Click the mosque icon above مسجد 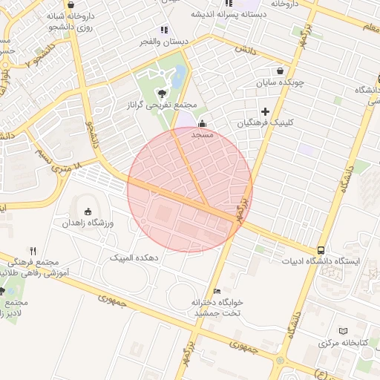(203, 125)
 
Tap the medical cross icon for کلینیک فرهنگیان (265, 111)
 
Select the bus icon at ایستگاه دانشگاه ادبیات (321, 250)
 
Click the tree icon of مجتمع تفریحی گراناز (162, 93)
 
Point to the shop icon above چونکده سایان (279, 71)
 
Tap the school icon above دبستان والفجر (163, 30)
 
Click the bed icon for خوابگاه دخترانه (217, 291)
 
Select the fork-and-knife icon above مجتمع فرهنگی (33, 251)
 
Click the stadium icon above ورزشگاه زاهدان (88, 211)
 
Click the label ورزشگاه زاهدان (87, 223)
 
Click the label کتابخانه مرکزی (344, 344)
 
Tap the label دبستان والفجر (165, 42)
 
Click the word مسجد (203, 136)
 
